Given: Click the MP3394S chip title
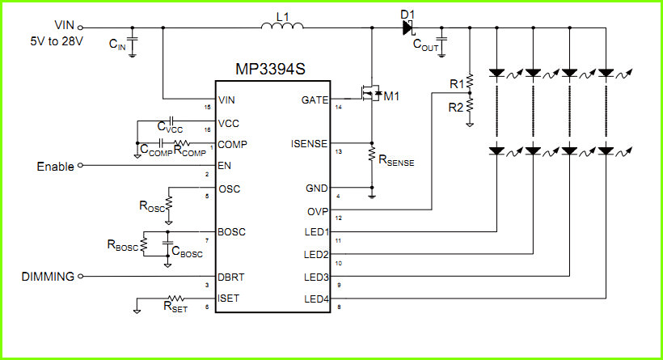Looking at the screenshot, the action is [270, 69].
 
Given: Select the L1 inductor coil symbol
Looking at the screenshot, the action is [282, 25].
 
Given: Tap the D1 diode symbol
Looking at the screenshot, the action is [408, 28].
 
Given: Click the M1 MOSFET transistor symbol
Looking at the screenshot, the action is [370, 94].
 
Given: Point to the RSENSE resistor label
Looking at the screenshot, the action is [396, 160].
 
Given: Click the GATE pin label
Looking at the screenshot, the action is [315, 100].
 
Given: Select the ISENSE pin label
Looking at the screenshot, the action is [309, 144].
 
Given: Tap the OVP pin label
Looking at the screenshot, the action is [318, 211].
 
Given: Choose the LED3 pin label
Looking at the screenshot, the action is [316, 277].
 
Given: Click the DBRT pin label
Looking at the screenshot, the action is [231, 277].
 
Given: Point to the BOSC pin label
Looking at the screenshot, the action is [231, 232].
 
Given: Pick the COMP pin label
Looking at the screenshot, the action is [232, 144].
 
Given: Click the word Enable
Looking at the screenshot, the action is [56, 167].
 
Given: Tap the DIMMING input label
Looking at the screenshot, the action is [48, 276].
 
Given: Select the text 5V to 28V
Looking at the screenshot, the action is [57, 41].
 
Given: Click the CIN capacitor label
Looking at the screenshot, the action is [117, 44].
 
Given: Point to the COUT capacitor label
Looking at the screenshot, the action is [425, 44].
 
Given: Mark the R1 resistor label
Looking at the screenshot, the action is [457, 84].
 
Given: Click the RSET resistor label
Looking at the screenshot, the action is [175, 307].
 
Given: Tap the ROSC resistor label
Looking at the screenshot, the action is [152, 206].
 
